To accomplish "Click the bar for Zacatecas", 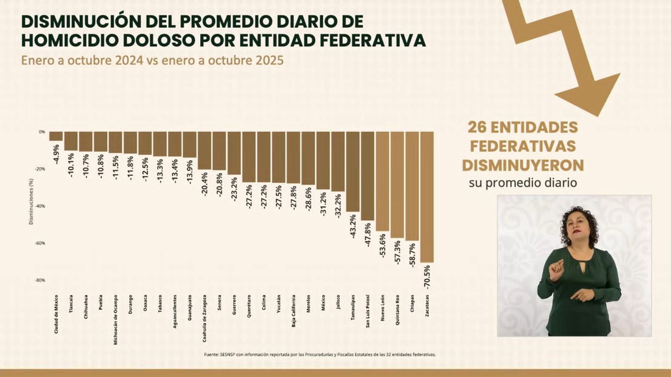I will pos(427,197).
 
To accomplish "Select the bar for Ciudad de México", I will pos(56,136).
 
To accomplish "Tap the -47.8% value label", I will pos(368,235).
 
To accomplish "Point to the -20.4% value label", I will pos(205,185).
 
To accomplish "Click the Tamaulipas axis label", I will pos(353,307).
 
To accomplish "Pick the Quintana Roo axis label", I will pos(397,310).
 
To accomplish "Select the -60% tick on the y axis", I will pos(40,243).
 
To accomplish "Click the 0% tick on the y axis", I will pos(42,132).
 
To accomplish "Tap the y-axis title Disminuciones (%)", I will pos(31,201).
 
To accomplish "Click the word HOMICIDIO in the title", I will pos(70,40).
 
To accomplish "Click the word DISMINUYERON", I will pos(523,165).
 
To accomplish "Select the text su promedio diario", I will pos(523,183).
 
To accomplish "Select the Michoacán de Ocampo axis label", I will pos(116,320).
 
